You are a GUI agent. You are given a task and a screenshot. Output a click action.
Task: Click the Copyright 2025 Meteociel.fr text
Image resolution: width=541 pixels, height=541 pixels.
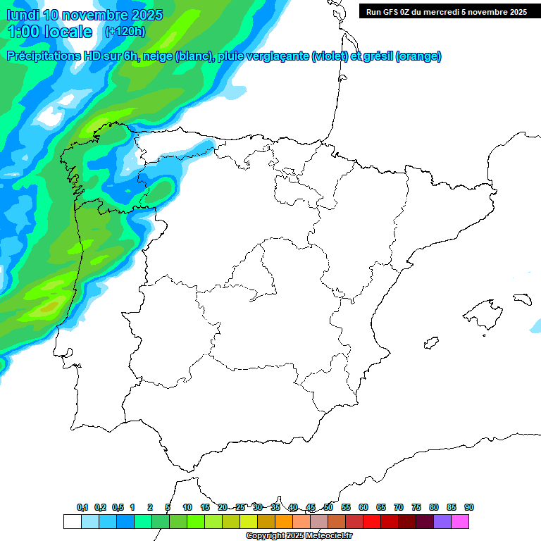tap(299, 536)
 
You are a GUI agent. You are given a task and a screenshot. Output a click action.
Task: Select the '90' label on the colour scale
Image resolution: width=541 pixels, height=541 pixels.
tap(469, 507)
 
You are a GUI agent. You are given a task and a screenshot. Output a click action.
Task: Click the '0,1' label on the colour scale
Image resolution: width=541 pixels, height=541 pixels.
tap(82, 507)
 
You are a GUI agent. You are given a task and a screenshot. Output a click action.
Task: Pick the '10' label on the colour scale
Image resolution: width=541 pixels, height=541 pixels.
tap(187, 507)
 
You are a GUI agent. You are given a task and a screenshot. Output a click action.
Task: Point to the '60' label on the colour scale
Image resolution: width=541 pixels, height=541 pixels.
tap(363, 507)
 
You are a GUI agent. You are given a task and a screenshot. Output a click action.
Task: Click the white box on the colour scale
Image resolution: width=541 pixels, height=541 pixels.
tap(72, 521)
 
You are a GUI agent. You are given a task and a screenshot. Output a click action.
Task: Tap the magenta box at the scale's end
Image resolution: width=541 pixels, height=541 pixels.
tap(460, 521)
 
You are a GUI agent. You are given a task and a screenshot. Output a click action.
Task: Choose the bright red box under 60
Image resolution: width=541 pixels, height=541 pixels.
tap(372, 521)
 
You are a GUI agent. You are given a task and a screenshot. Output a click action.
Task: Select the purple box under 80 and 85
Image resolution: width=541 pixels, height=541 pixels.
tap(442, 521)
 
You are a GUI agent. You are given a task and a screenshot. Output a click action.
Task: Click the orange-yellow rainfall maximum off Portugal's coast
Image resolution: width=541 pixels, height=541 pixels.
tap(48, 306)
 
